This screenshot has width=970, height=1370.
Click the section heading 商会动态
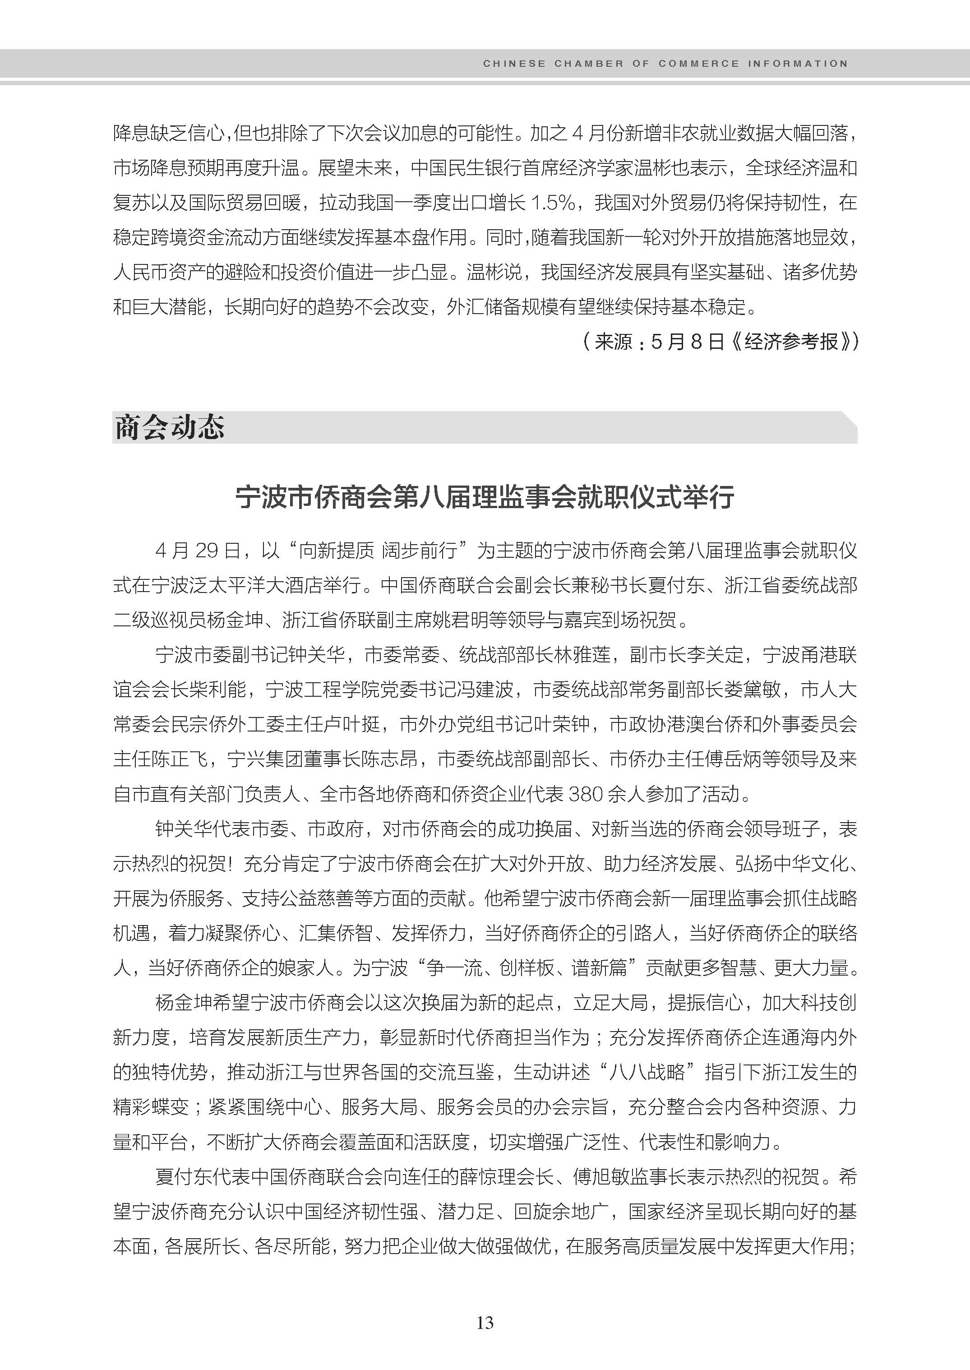coord(169,428)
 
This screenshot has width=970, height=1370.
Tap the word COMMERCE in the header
coord(699,63)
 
